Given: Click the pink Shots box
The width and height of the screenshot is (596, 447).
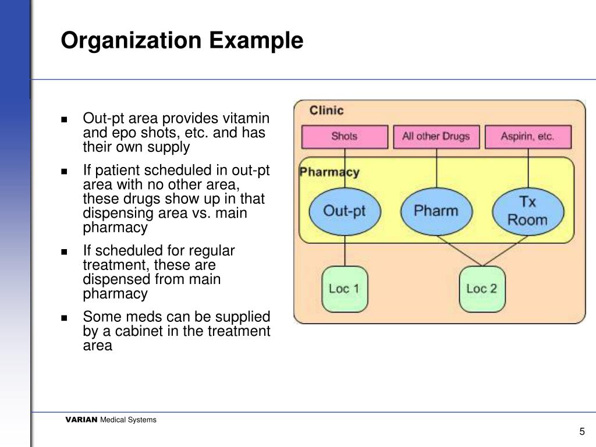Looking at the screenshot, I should click(x=344, y=137).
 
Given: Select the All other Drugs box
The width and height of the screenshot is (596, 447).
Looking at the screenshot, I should click(x=437, y=137).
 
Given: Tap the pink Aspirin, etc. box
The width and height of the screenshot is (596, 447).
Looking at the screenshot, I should click(x=528, y=137).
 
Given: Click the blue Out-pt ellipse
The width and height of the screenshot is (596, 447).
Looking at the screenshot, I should click(x=344, y=211).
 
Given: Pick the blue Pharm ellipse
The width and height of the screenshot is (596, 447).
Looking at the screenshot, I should click(x=437, y=211).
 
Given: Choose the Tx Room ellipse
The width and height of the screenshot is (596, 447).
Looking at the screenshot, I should click(x=528, y=211).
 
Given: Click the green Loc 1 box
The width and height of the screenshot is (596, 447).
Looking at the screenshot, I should click(x=344, y=289).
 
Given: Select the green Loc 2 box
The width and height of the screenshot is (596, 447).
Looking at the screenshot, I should click(x=482, y=289).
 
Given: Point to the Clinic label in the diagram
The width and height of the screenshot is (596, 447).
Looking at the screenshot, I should click(x=327, y=110).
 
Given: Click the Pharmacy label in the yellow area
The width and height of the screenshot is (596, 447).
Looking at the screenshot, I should click(x=329, y=172).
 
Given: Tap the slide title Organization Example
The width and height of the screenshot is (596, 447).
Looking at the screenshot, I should click(x=182, y=41).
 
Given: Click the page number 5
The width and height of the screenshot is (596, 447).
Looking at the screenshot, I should click(x=581, y=431).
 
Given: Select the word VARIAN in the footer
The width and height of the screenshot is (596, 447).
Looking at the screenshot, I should click(x=81, y=420).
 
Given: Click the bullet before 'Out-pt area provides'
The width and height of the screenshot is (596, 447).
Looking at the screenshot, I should click(x=65, y=119).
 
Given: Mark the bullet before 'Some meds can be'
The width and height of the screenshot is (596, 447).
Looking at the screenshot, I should click(x=65, y=318).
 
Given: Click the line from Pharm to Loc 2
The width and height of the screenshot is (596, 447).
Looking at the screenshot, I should click(x=457, y=249).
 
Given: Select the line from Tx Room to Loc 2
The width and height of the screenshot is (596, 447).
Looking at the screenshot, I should click(x=507, y=249).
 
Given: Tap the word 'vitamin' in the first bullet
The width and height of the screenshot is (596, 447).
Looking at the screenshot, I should click(x=246, y=118).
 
